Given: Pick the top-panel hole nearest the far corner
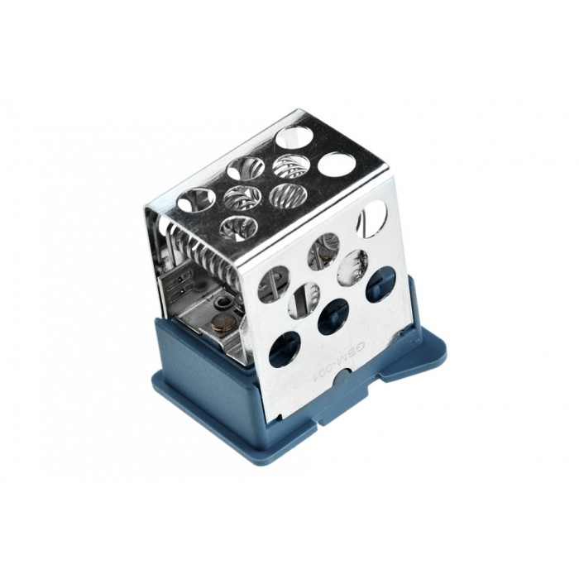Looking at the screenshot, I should click(293, 136).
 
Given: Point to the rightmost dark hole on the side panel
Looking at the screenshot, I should click(380, 282).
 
